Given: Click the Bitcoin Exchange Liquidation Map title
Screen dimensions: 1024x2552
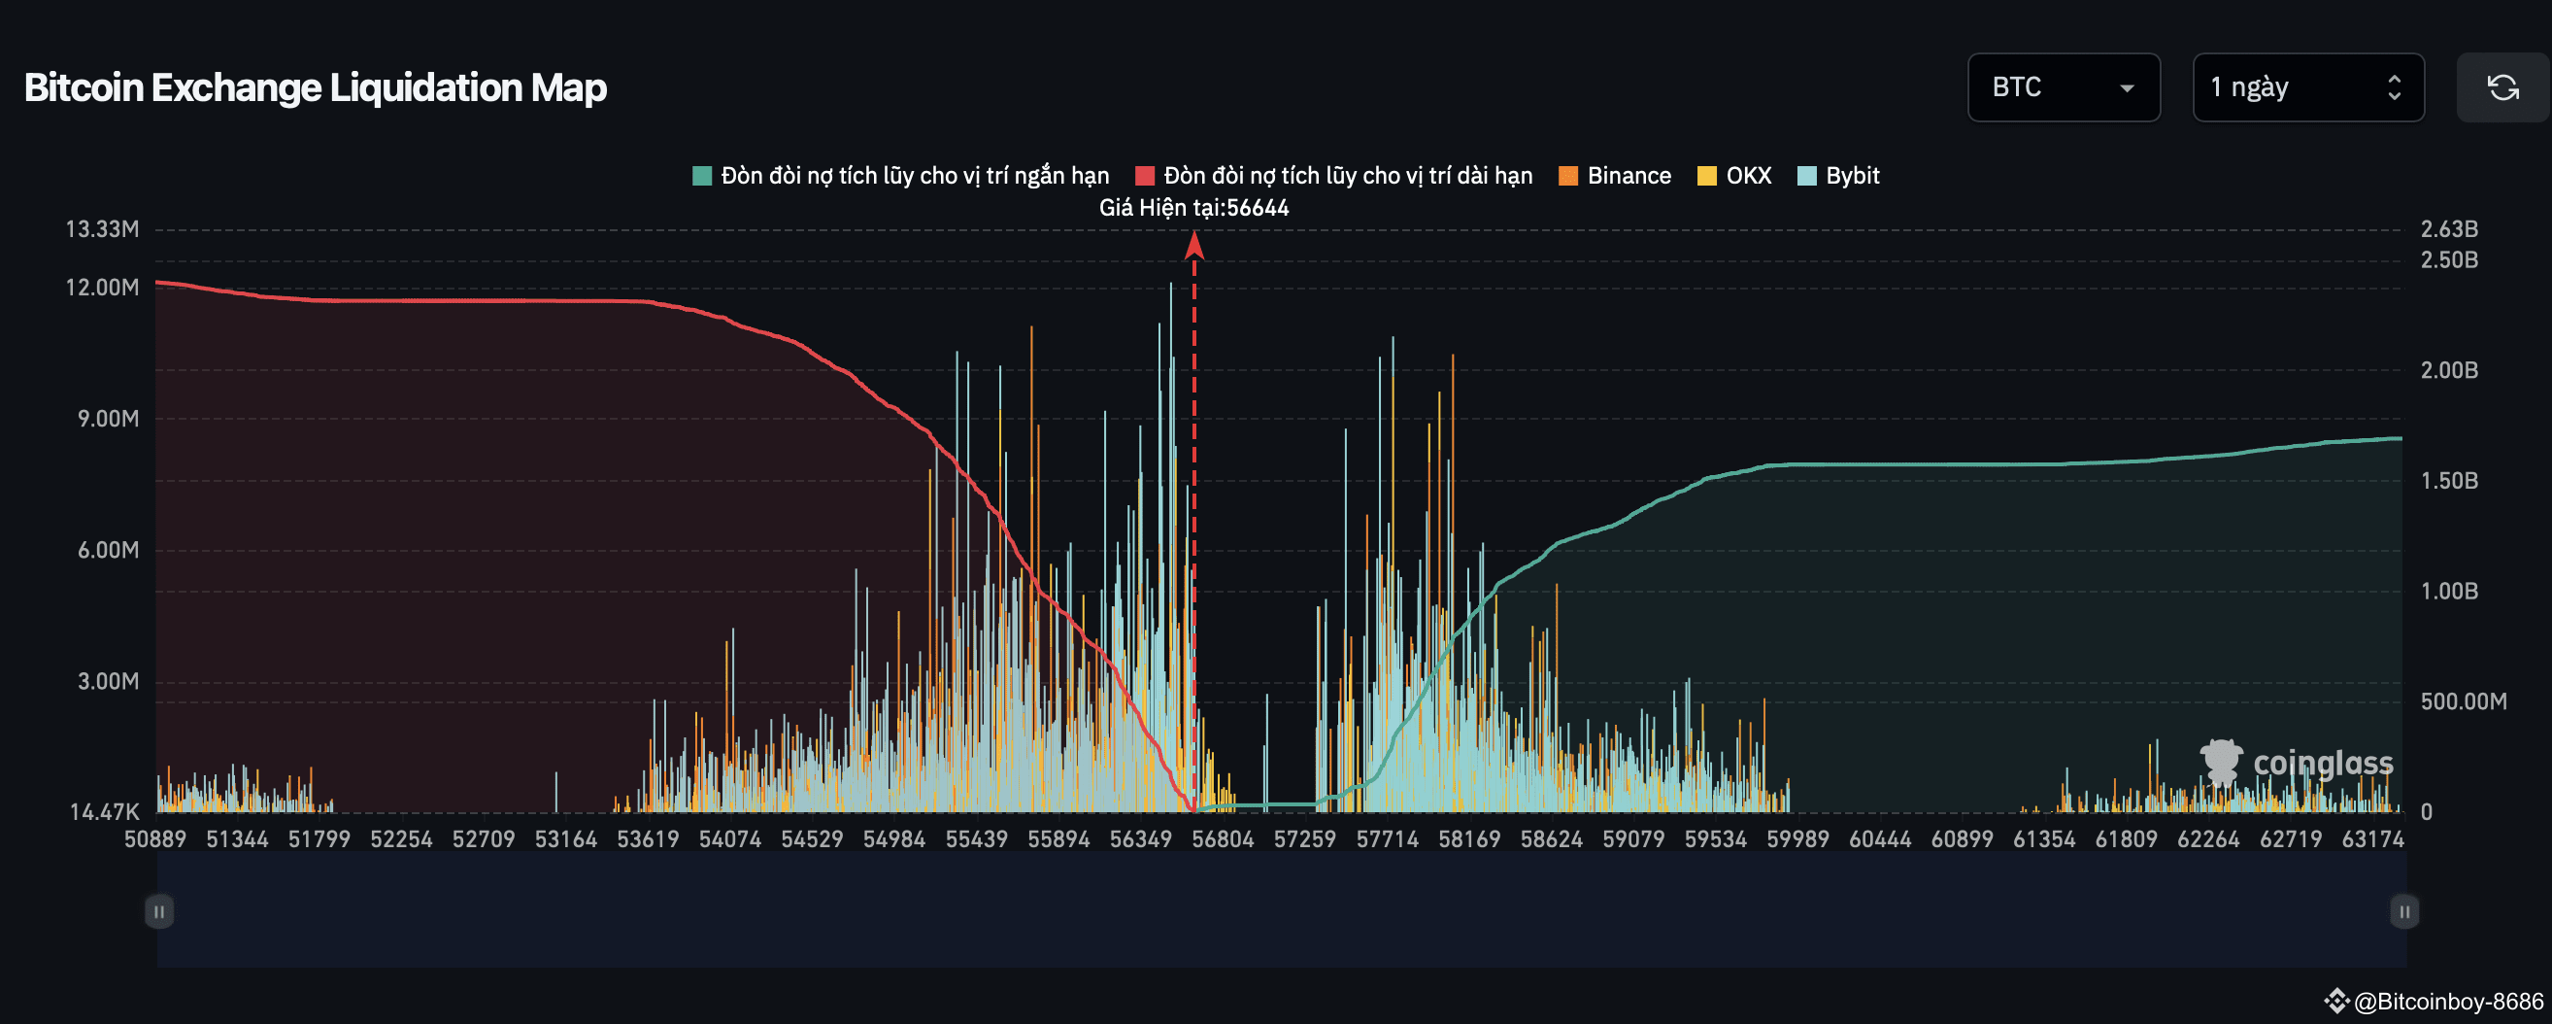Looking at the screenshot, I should click(315, 87).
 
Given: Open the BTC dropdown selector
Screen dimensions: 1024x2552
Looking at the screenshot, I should click(2063, 87).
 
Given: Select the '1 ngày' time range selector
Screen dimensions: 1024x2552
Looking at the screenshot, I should click(2307, 87).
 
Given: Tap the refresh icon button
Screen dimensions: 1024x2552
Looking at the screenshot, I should click(2502, 87).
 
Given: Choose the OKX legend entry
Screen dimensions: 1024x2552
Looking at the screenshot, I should click(1734, 176).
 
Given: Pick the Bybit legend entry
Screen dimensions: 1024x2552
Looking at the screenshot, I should click(1838, 176).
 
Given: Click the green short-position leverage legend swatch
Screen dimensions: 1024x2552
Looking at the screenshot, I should click(701, 176).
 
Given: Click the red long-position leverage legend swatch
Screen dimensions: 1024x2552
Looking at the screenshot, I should click(1144, 176).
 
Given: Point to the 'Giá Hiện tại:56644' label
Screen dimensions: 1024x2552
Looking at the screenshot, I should click(1193, 208).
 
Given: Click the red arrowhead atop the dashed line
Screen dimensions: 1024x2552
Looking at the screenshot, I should click(1193, 245).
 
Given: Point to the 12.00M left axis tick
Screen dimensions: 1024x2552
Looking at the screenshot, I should click(102, 288).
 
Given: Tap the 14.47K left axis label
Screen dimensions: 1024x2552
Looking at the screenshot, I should click(104, 812).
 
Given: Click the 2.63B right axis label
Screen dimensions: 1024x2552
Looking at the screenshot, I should click(2448, 229).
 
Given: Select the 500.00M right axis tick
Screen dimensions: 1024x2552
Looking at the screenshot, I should click(2463, 701).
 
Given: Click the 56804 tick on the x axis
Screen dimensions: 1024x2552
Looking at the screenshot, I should click(1223, 839).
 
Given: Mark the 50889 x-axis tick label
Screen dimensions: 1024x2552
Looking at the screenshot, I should click(155, 839).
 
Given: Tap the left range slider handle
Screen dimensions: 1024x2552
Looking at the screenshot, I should click(158, 911).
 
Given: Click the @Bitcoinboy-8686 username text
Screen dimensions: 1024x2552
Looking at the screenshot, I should click(2447, 1002).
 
